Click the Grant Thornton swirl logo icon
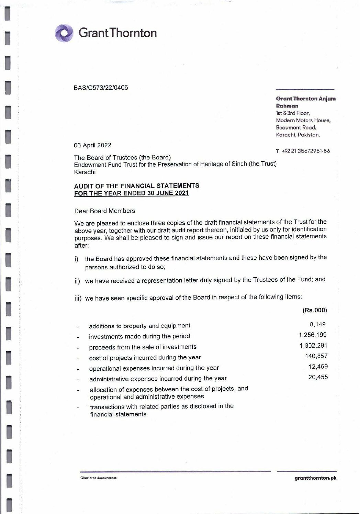tap(64, 33)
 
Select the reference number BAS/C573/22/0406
tap(101, 88)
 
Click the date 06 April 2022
tap(93, 145)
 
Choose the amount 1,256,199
tap(313, 335)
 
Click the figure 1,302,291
tap(313, 345)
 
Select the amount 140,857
tap(316, 356)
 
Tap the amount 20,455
tap(318, 377)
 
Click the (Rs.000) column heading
tap(315, 310)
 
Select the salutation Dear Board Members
tap(104, 211)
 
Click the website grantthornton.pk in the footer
tap(315, 478)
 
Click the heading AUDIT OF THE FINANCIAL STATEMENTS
tap(137, 186)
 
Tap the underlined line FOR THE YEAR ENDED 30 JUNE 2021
tap(132, 193)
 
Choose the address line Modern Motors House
tap(303, 120)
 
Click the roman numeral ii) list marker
tap(77, 281)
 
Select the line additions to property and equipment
tap(139, 326)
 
